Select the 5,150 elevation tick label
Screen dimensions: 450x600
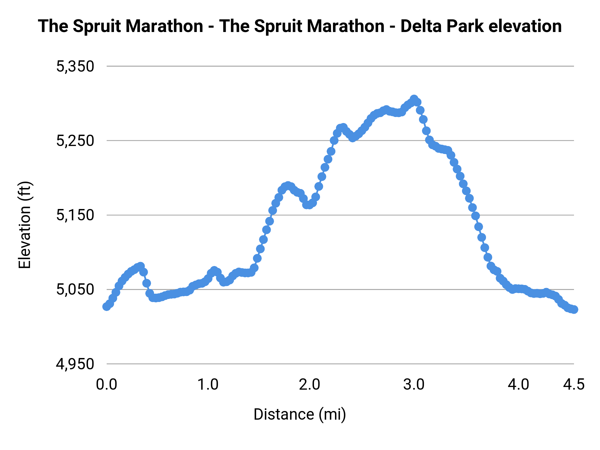click(75, 215)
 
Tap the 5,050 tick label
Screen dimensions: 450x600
click(75, 290)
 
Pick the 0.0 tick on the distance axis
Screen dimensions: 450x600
click(106, 385)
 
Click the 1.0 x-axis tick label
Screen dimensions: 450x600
click(208, 385)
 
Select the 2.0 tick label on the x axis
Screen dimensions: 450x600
click(309, 385)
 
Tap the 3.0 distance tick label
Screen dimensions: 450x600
click(414, 385)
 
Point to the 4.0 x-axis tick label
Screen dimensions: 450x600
click(518, 385)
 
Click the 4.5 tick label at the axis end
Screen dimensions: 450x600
click(574, 385)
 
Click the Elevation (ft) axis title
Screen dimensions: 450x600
click(25, 225)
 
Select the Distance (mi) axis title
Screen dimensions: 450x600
click(300, 414)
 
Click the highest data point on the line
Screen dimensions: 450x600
click(414, 99)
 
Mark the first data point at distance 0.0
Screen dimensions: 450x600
click(107, 306)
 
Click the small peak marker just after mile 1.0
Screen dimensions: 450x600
click(214, 270)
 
